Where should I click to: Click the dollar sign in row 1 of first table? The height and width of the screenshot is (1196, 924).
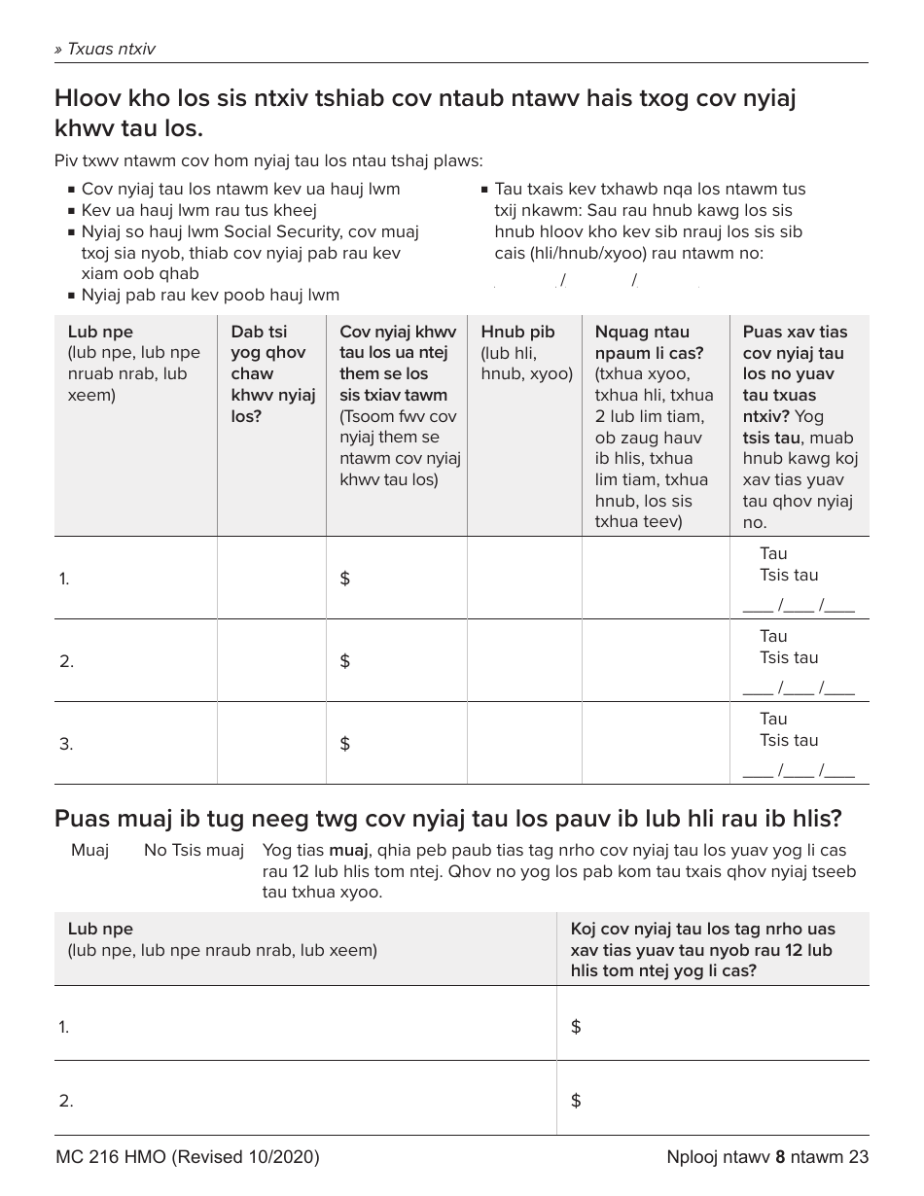(344, 579)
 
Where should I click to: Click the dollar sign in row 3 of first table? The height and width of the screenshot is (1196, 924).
(344, 744)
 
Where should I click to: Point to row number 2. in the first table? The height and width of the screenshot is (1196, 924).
(66, 661)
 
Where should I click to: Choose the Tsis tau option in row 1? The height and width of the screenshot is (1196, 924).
(789, 575)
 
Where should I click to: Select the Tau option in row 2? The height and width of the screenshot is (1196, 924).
(773, 636)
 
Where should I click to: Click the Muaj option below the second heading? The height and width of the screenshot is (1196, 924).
(89, 851)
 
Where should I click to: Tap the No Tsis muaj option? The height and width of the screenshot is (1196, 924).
(194, 851)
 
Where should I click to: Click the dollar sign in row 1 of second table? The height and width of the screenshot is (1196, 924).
(576, 1027)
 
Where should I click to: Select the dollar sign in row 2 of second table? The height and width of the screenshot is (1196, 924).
(576, 1101)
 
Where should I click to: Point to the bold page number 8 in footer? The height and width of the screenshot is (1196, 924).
(780, 1157)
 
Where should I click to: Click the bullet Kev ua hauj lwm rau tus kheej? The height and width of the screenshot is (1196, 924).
(198, 210)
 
